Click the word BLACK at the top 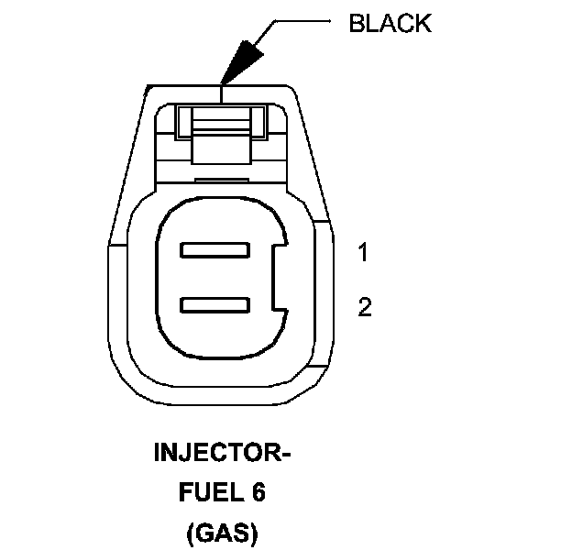[389, 24]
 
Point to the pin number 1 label [363, 253]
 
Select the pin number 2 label [364, 307]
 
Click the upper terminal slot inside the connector [216, 249]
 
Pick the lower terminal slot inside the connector [216, 304]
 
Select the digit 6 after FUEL [258, 493]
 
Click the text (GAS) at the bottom [220, 533]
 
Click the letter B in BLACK [356, 24]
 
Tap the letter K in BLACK [422, 24]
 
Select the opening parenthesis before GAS [187, 533]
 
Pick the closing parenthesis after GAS [254, 533]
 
